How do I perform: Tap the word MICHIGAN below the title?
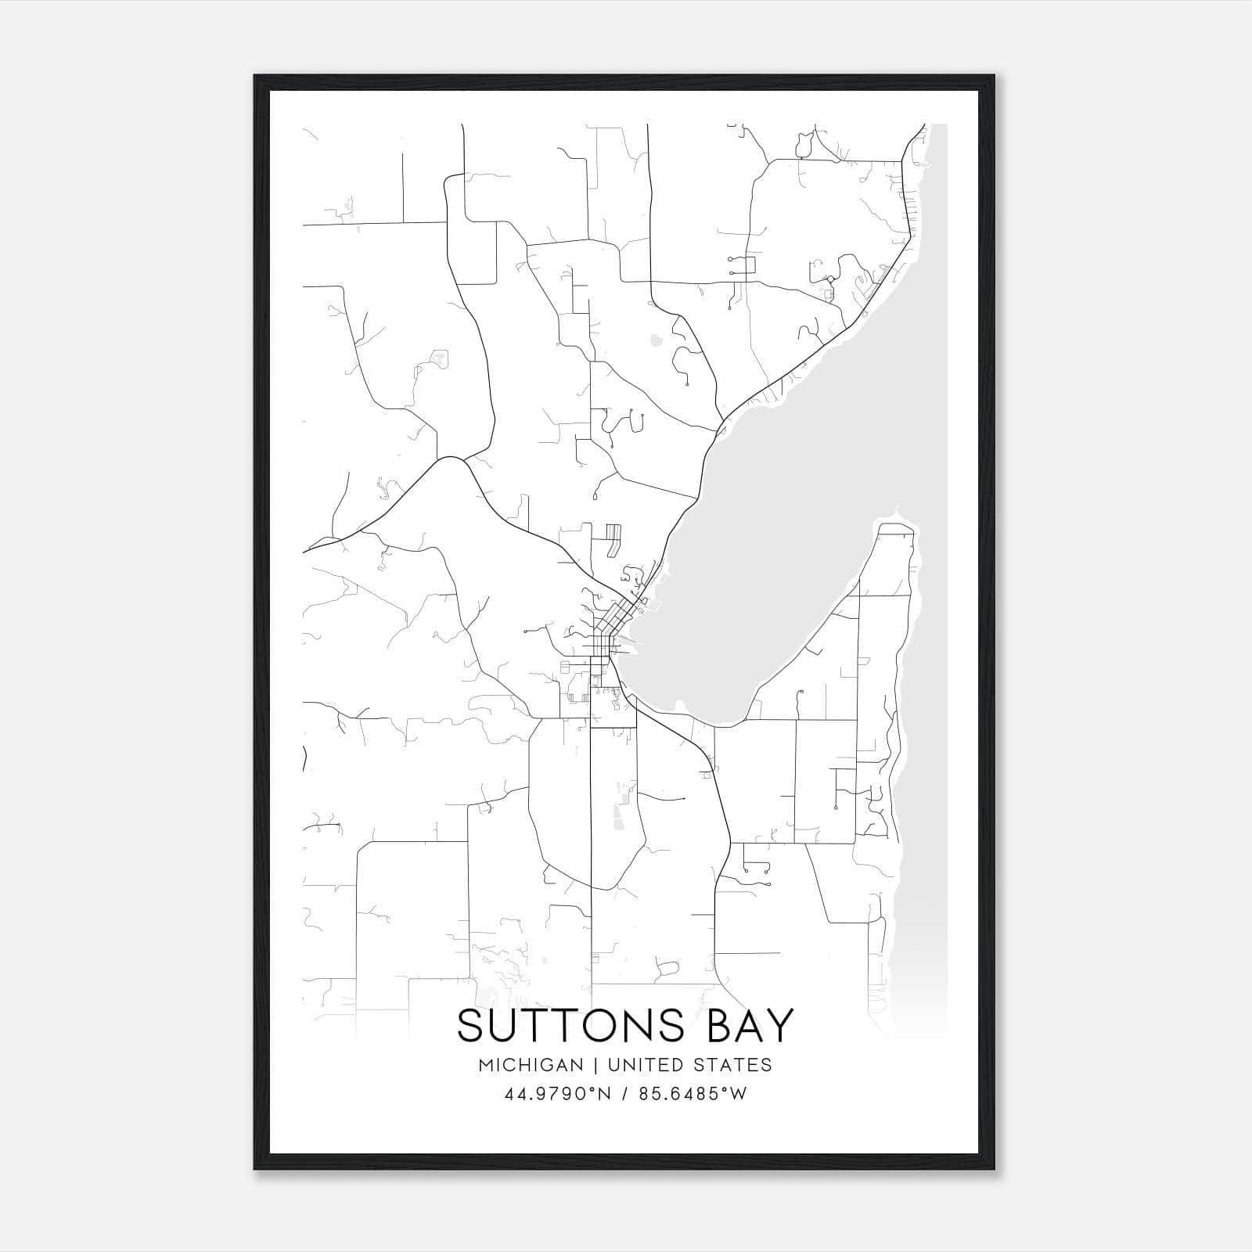coord(531,1065)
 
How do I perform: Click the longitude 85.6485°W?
coord(693,1094)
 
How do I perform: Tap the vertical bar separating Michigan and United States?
coord(595,1065)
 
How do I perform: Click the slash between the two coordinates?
coord(626,1094)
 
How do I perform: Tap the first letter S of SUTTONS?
coord(472,1026)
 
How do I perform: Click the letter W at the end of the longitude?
coord(738,1094)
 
